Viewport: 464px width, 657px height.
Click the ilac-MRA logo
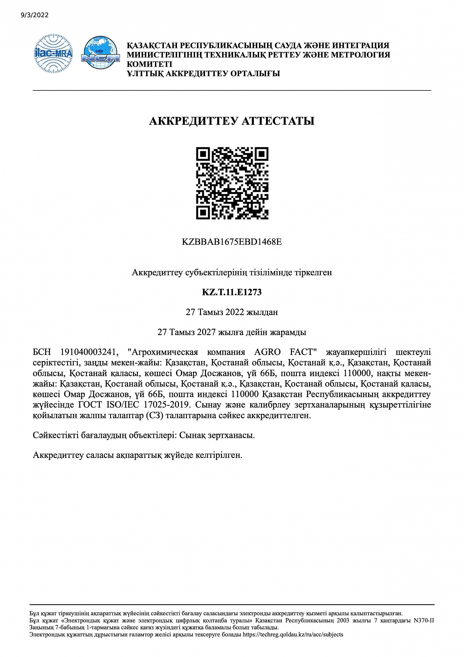(x=54, y=53)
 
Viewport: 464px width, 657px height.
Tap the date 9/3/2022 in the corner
(x=34, y=15)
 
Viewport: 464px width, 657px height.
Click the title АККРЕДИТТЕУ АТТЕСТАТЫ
(x=232, y=121)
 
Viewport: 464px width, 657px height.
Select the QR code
(x=232, y=183)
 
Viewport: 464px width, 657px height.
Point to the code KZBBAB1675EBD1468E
(x=232, y=242)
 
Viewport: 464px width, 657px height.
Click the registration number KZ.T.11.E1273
(x=232, y=292)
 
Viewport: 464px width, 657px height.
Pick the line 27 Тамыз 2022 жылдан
(x=232, y=312)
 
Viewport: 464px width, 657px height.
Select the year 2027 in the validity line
(x=206, y=332)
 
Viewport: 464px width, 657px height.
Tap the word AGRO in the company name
(x=267, y=352)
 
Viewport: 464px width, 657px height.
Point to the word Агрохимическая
(x=163, y=352)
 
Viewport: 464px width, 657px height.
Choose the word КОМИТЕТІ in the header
(x=149, y=64)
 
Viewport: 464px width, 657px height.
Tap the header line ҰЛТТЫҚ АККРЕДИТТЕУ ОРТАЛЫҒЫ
(x=203, y=73)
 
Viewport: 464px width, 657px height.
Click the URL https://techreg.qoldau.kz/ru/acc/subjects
(x=293, y=634)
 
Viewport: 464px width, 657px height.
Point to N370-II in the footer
(x=424, y=621)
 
